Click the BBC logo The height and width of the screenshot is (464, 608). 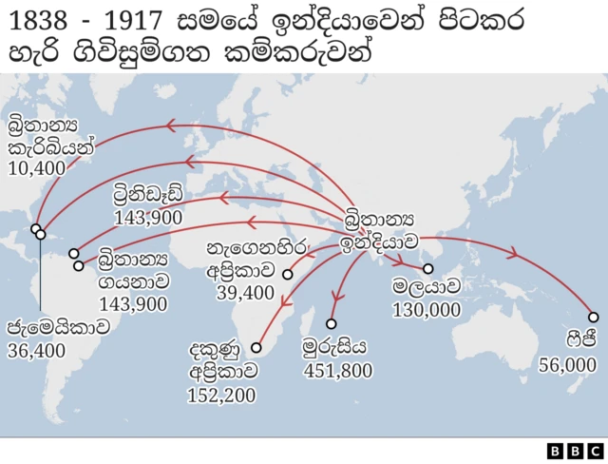coord(575,450)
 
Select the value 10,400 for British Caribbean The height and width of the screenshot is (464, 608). coord(36,168)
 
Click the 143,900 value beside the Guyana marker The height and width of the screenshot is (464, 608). coord(133,304)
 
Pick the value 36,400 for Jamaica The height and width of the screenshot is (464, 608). coord(36,351)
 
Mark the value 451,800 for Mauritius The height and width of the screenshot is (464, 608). coord(337,370)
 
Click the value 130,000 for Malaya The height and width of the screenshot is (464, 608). coord(426,310)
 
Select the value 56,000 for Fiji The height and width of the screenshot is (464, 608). coord(567,365)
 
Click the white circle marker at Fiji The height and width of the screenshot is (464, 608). coord(593,318)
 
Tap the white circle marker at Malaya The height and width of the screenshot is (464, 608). coord(428,269)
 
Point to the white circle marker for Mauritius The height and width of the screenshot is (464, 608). coord(332,323)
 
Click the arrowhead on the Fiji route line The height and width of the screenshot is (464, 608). coord(514,254)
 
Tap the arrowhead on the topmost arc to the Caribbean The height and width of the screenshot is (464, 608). coord(172,125)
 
